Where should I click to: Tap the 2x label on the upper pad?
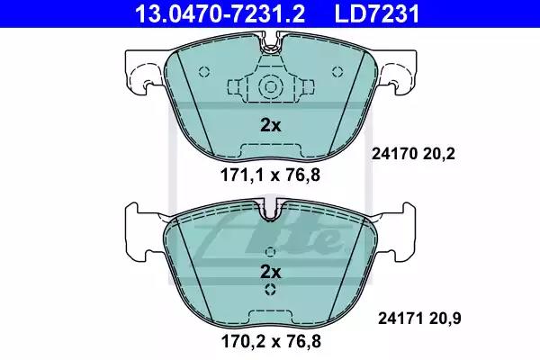270,125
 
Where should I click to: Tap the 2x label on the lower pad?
270,271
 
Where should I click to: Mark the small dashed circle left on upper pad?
205,73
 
